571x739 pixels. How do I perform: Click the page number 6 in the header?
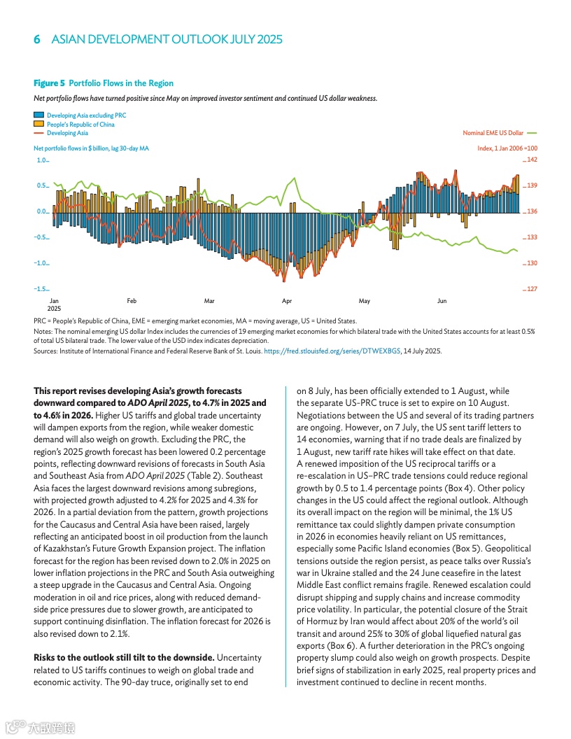point(37,39)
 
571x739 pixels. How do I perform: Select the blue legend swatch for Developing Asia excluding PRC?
point(38,115)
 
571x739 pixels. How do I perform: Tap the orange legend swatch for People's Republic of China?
point(38,124)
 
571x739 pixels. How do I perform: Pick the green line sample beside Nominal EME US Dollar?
point(531,132)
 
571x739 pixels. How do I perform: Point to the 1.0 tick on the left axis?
point(41,160)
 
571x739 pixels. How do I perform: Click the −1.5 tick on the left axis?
point(41,289)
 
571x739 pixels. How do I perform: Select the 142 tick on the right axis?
point(532,160)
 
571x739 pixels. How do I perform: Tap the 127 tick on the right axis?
point(532,289)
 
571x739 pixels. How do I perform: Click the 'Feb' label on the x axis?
point(132,301)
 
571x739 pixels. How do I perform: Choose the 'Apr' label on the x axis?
point(287,301)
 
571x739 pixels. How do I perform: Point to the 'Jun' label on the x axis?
point(442,301)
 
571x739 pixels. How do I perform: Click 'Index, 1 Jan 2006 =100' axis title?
point(507,148)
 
